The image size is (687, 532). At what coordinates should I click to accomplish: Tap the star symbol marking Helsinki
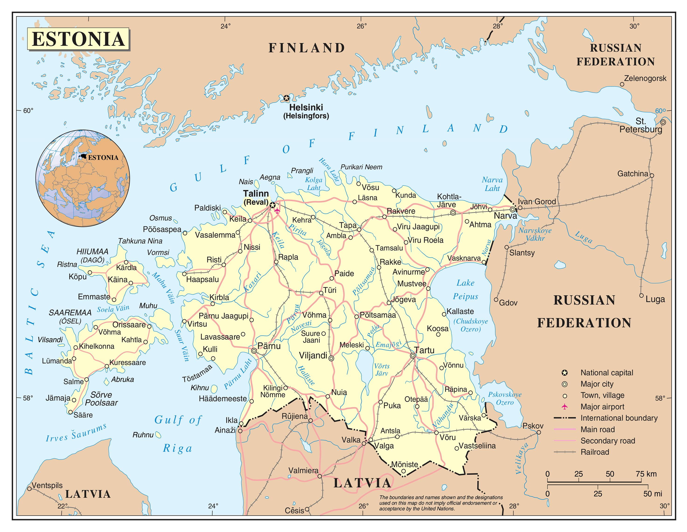(x=286, y=98)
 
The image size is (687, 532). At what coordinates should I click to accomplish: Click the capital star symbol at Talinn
(x=272, y=205)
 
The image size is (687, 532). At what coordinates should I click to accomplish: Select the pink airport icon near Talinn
(x=277, y=210)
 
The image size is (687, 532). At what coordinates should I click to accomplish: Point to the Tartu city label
(x=424, y=350)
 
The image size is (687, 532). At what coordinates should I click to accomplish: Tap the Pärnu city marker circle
(x=254, y=351)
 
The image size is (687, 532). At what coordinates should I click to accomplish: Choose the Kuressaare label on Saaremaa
(x=127, y=362)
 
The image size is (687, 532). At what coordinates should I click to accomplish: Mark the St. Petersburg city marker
(x=663, y=122)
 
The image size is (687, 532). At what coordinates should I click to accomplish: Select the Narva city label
(x=505, y=216)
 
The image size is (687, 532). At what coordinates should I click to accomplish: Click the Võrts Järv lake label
(x=382, y=370)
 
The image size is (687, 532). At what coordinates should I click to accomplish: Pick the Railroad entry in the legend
(x=595, y=452)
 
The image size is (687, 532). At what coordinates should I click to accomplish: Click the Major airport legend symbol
(x=565, y=406)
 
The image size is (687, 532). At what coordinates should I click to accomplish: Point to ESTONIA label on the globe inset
(x=103, y=158)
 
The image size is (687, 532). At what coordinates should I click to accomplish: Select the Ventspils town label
(x=47, y=485)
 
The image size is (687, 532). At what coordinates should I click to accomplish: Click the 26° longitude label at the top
(x=362, y=26)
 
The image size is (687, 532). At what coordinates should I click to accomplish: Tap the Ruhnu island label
(x=143, y=435)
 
